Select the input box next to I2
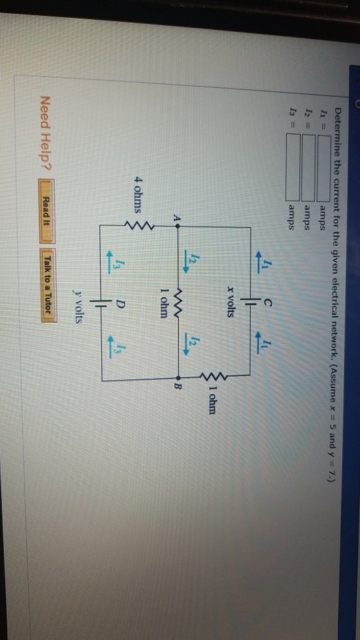click(x=309, y=168)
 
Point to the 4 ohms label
click(x=138, y=199)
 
